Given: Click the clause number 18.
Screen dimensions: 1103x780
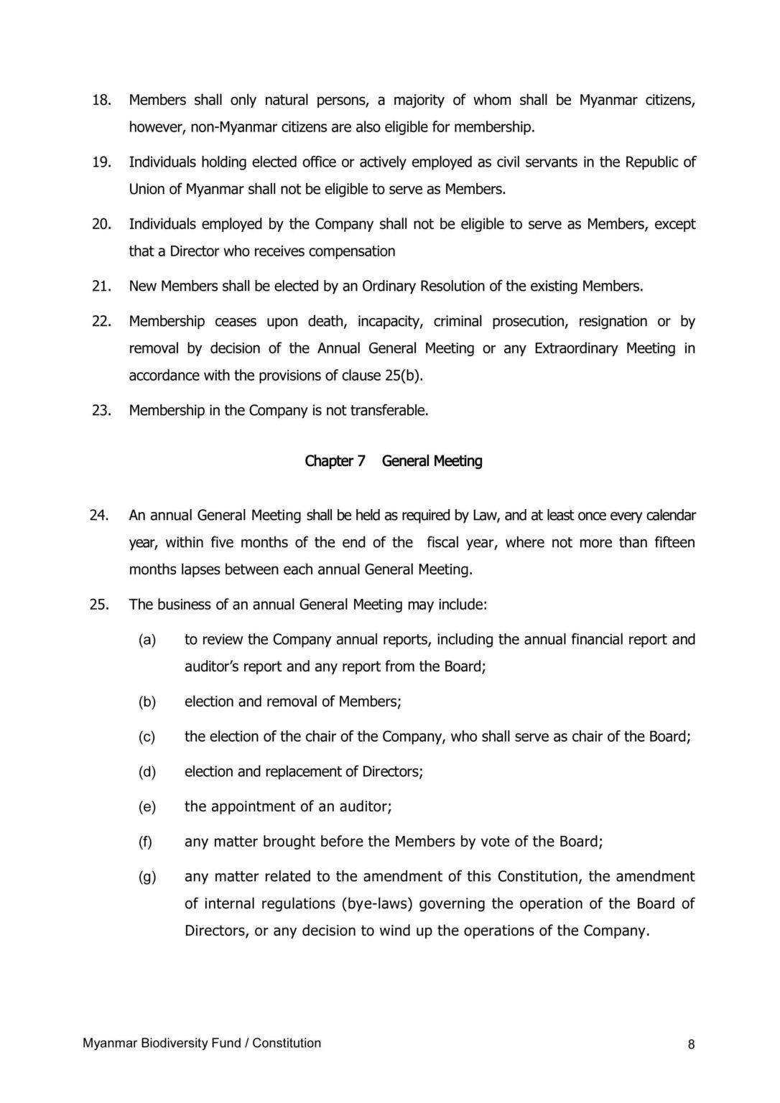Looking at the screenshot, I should pyautogui.click(x=101, y=101).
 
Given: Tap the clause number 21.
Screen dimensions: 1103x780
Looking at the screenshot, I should pyautogui.click(x=101, y=287).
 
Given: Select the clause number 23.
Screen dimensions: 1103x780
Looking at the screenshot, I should pyautogui.click(x=101, y=411).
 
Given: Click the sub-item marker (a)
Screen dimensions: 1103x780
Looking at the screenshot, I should pyautogui.click(x=147, y=639).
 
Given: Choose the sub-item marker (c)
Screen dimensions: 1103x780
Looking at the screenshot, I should pyautogui.click(x=147, y=736).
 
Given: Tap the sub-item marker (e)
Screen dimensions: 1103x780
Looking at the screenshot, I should pyautogui.click(x=147, y=806).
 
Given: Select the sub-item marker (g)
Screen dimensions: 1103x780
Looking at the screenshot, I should pyautogui.click(x=147, y=876).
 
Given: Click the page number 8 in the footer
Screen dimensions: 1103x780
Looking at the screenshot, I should pyautogui.click(x=691, y=1045).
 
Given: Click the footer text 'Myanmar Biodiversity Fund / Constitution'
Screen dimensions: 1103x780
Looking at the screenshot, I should pyautogui.click(x=202, y=1043).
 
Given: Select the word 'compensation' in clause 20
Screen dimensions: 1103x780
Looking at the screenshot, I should pyautogui.click(x=355, y=251).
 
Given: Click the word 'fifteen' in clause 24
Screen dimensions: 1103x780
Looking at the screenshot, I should pyautogui.click(x=674, y=542).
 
